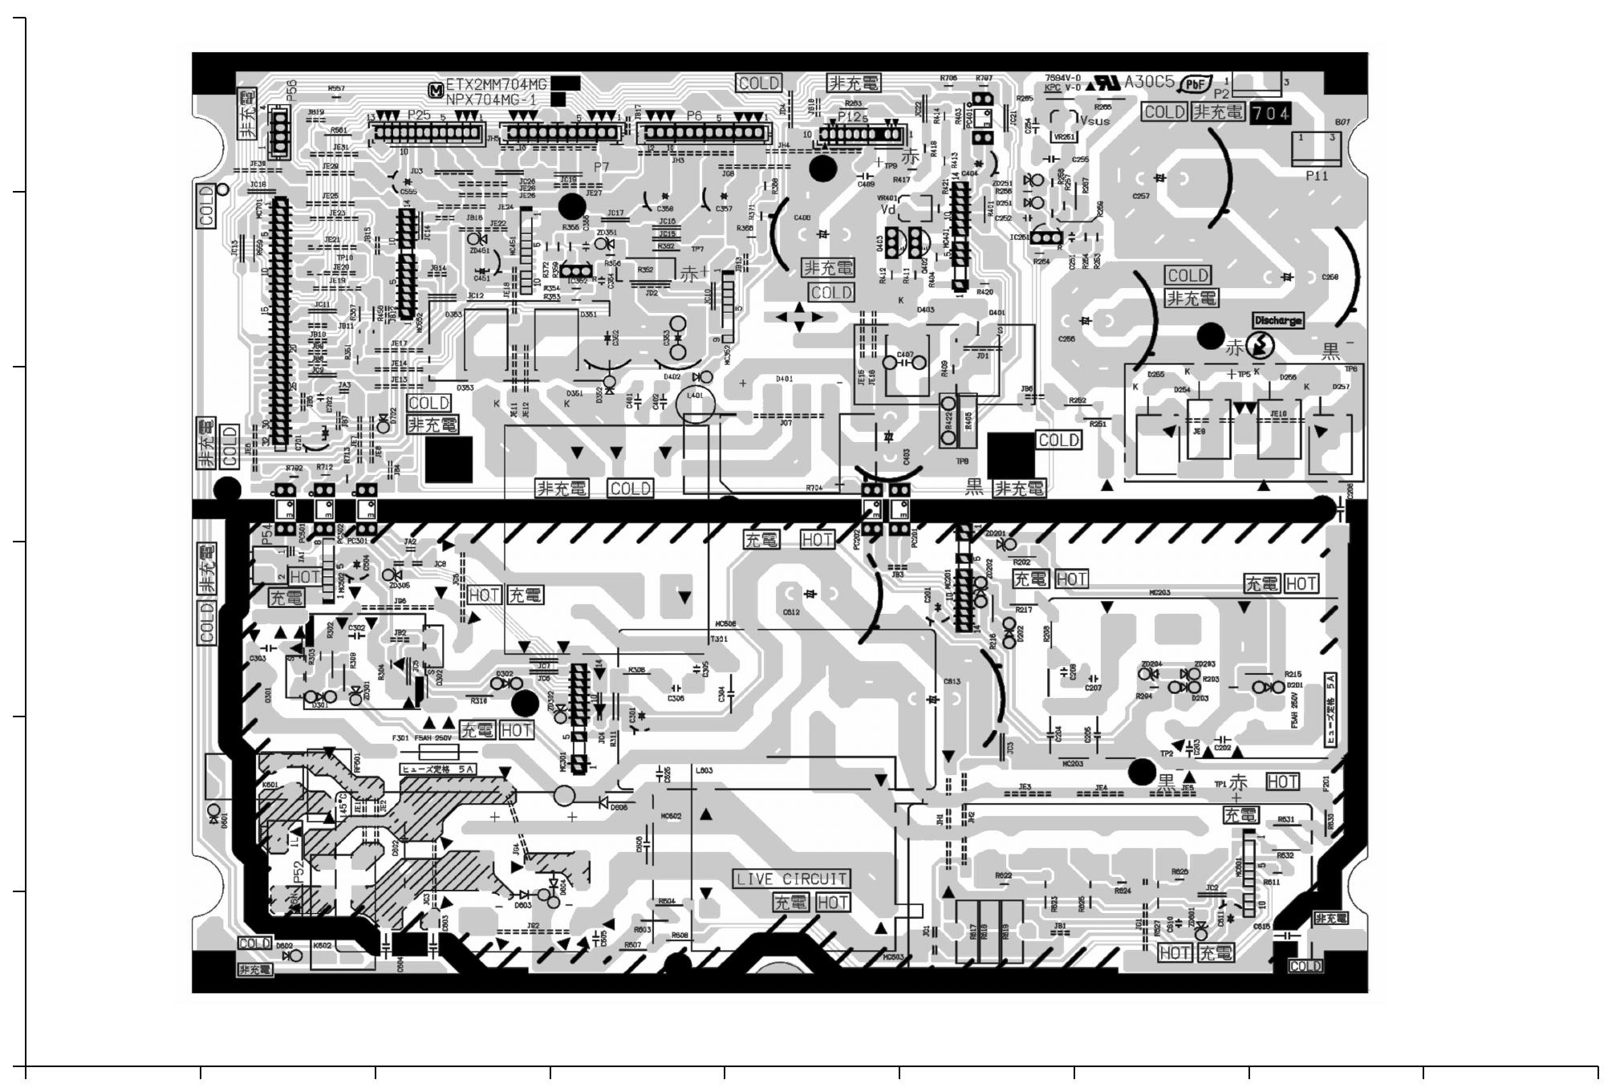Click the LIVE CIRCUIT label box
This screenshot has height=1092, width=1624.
coord(791,879)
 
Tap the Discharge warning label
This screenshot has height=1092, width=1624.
coord(1277,320)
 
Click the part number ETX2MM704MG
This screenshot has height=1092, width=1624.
coord(496,84)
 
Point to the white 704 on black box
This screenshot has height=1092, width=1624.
coord(1271,114)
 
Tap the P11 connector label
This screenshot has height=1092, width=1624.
coord(1317,176)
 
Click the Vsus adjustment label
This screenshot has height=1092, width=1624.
coord(1094,121)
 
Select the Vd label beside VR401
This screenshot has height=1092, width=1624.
coord(888,209)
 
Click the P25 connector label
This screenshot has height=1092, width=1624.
coord(419,116)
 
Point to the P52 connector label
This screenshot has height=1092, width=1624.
coord(298,872)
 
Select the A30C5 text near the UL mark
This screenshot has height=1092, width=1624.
coord(1149,82)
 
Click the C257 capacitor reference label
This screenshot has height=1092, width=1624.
coord(1140,196)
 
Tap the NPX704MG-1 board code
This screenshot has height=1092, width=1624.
coord(492,99)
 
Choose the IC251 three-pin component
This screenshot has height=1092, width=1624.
coord(1043,237)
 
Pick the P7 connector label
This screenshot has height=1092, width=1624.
coord(601,167)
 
